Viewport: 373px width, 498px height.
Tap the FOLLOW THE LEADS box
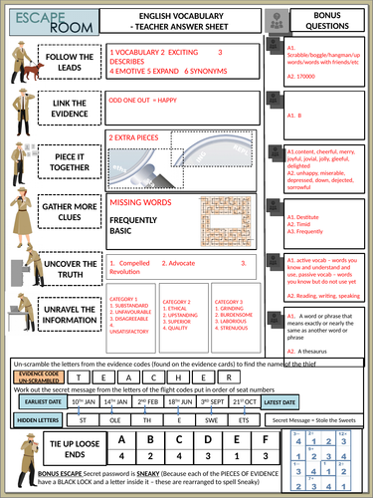(x=70, y=63)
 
